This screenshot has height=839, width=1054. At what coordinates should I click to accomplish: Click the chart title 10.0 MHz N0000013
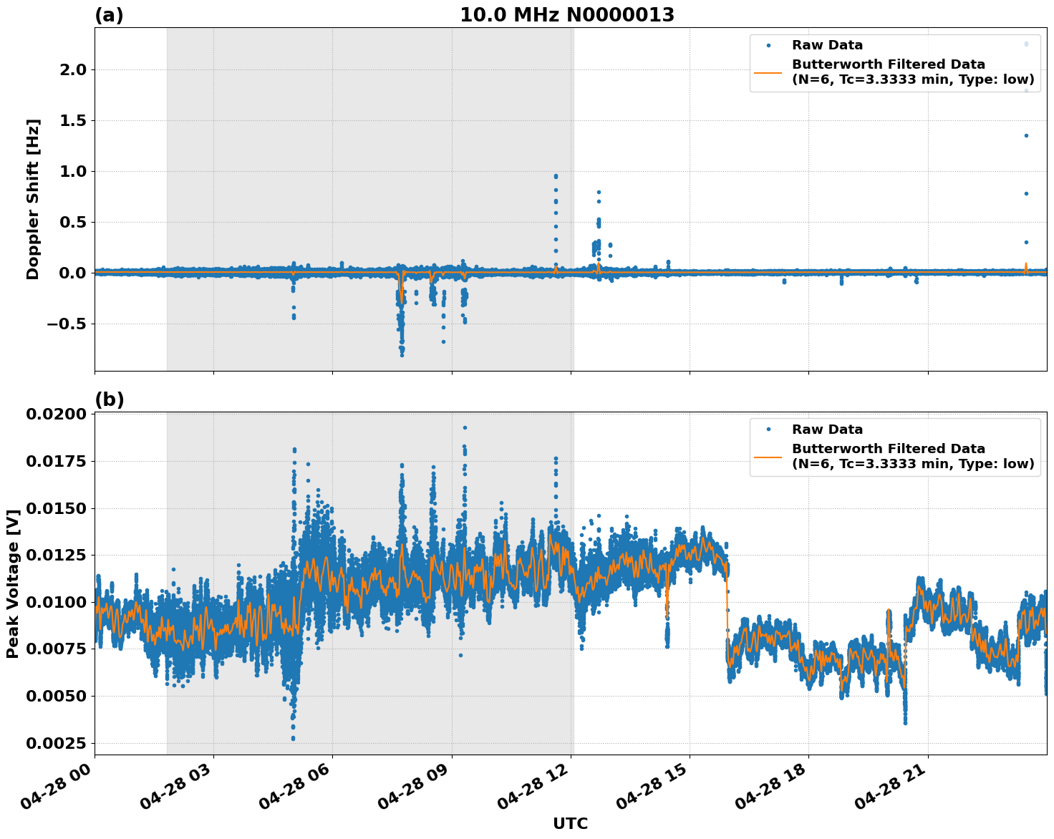click(x=566, y=15)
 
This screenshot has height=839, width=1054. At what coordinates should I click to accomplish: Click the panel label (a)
click(x=109, y=15)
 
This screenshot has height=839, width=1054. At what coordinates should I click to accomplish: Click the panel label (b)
click(x=109, y=399)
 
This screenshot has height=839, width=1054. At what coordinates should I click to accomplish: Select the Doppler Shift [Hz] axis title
click(x=33, y=199)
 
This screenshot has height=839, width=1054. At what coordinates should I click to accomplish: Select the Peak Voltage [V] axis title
click(x=13, y=583)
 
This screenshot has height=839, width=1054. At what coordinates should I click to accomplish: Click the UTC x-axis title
click(x=570, y=823)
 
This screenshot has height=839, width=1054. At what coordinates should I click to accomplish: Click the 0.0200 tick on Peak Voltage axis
click(x=56, y=414)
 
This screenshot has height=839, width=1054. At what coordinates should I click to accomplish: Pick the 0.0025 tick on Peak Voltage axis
click(x=56, y=743)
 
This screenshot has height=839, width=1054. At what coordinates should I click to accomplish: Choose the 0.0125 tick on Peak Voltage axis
click(x=56, y=556)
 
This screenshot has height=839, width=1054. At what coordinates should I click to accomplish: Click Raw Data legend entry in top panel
click(x=827, y=45)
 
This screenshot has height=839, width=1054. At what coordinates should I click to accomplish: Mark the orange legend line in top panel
click(x=768, y=72)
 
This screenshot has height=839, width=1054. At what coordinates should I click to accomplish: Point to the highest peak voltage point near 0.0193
click(x=465, y=427)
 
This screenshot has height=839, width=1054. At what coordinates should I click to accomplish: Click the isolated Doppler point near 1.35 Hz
click(x=1025, y=135)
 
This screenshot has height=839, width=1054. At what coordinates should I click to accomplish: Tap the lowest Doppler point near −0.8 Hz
click(x=402, y=354)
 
